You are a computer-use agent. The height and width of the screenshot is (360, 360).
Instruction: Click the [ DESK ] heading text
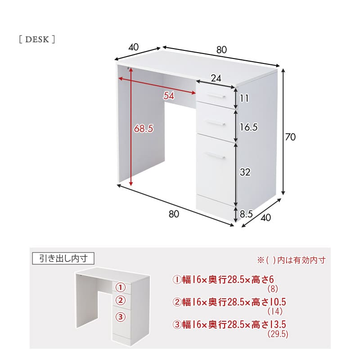pyautogui.click(x=37, y=39)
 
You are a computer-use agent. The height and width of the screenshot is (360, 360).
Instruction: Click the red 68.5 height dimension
pyautogui.click(x=144, y=129)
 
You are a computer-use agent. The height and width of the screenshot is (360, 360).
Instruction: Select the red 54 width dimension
pyautogui.click(x=169, y=95)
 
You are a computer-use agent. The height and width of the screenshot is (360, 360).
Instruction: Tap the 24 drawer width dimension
pyautogui.click(x=216, y=78)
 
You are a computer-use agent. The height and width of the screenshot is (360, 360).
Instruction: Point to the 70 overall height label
pyautogui.click(x=290, y=137)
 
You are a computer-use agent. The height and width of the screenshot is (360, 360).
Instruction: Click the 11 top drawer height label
pyautogui.click(x=244, y=98)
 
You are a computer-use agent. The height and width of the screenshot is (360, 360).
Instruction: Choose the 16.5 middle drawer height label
pyautogui.click(x=248, y=127)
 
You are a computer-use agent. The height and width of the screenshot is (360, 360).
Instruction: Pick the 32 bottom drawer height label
pyautogui.click(x=245, y=172)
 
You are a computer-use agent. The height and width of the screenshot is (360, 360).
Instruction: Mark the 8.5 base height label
pyautogui.click(x=246, y=214)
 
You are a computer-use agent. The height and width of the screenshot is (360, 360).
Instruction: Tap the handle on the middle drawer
pyautogui.click(x=215, y=122)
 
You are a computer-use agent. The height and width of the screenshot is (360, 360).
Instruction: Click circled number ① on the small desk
pyautogui.click(x=121, y=287)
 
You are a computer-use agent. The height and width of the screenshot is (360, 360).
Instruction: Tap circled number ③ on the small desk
pyautogui.click(x=121, y=317)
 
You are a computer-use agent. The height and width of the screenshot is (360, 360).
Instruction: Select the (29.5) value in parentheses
pyautogui.click(x=278, y=334)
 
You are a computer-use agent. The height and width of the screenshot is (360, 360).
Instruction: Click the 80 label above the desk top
pyautogui.click(x=221, y=49)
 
